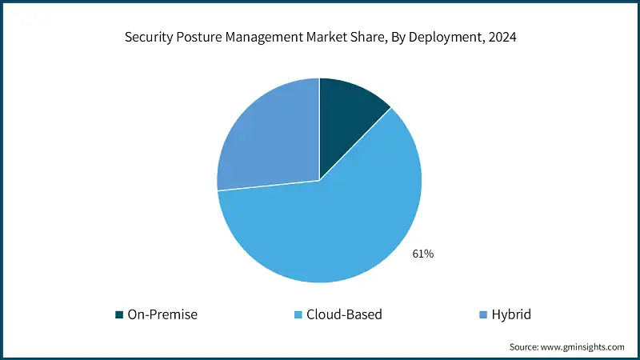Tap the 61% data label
422,254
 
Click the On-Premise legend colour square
120,314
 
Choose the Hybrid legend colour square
473,314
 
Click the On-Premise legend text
162,314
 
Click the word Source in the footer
523,347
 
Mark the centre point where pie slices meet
319,180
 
